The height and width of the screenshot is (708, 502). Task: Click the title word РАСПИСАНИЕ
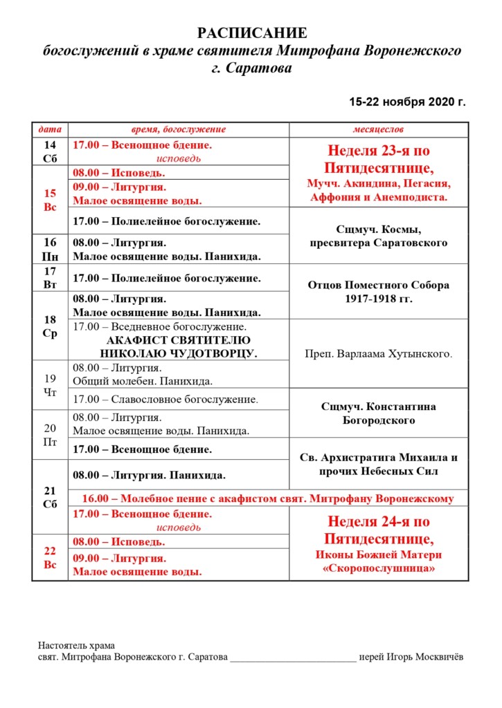(252, 33)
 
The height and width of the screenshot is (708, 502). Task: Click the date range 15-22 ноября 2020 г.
(408, 102)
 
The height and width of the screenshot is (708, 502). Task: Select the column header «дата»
(50, 129)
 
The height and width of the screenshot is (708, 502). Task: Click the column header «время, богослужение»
(179, 129)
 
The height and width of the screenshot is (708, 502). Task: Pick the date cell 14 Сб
(50, 151)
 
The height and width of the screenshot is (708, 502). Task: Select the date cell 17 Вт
(50, 278)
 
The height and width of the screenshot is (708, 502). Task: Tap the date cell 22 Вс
(50, 557)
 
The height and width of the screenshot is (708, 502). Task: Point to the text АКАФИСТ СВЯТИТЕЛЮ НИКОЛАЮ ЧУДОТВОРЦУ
(179, 347)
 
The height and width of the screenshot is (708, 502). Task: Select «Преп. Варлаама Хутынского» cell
(378, 354)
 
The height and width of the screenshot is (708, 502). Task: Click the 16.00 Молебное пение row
(268, 499)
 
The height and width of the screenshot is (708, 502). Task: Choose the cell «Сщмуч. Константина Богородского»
(378, 413)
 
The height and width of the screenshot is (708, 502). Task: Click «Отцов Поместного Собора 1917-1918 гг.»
(378, 292)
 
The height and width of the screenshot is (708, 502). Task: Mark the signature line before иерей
(293, 658)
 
